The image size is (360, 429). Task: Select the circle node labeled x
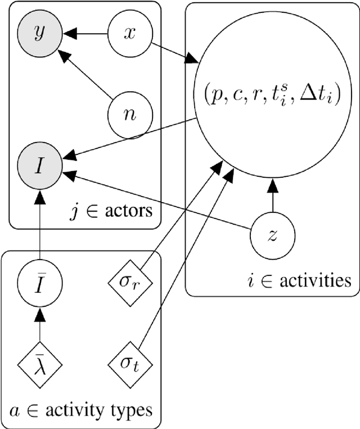tap(130, 34)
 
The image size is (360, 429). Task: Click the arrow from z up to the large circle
tap(273, 197)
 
